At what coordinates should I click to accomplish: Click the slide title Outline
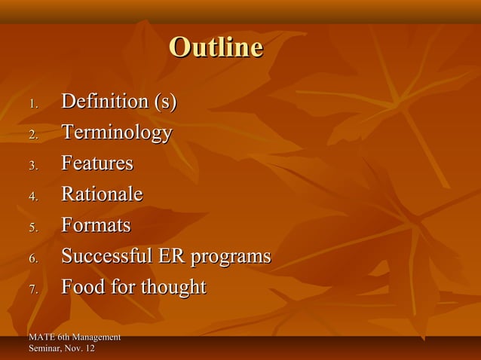tap(216, 48)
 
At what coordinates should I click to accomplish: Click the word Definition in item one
tap(104, 102)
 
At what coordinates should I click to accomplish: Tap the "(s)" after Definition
tap(164, 102)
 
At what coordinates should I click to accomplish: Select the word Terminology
tap(116, 133)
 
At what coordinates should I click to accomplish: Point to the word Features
tap(97, 163)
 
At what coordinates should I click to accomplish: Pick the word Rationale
tap(101, 194)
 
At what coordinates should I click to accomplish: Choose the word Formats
tap(95, 225)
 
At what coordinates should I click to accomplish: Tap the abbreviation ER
tap(169, 256)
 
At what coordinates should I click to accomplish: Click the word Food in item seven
tap(83, 287)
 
